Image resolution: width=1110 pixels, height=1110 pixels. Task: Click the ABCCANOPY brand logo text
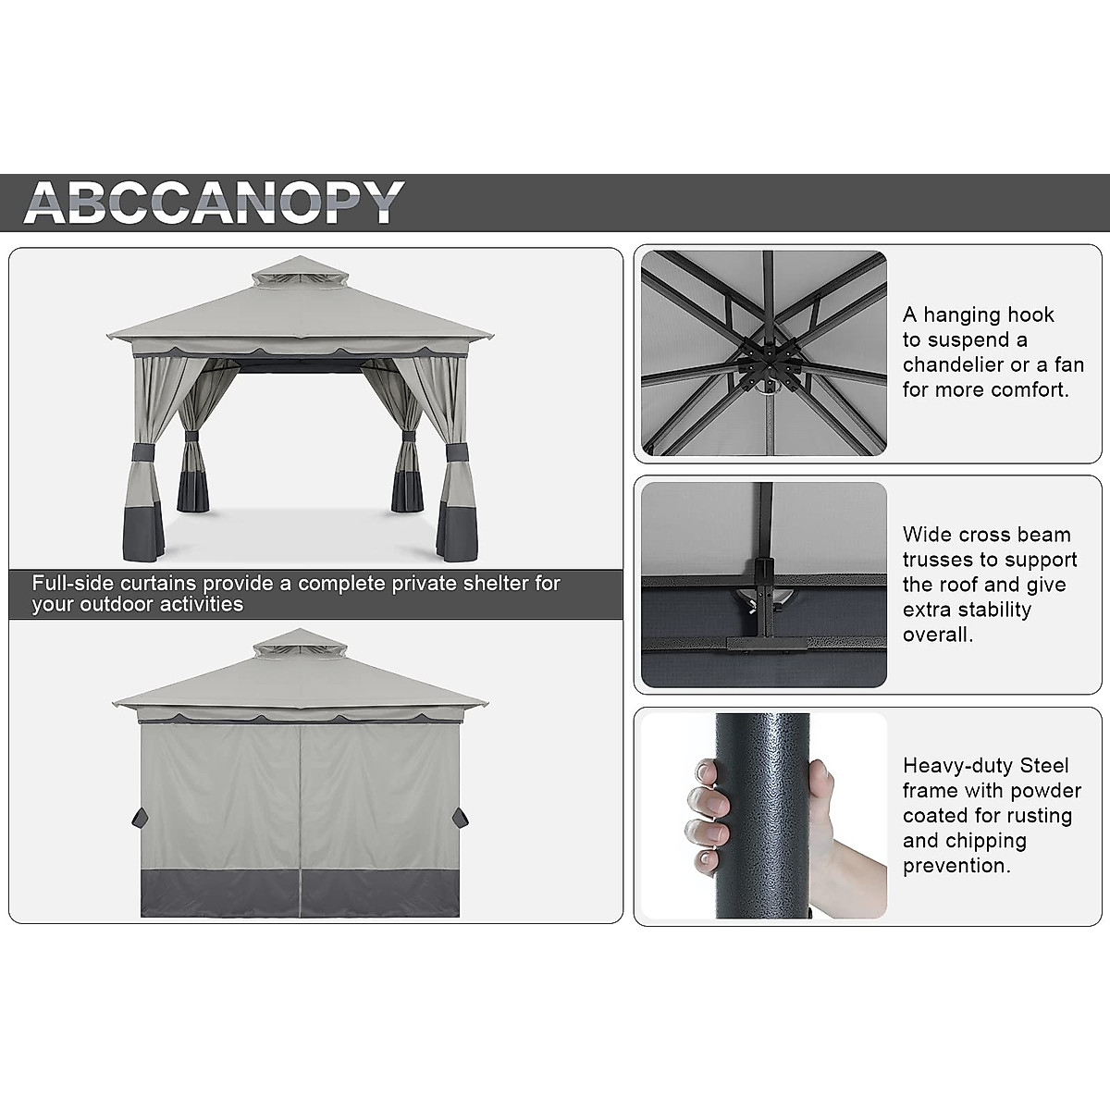click(214, 202)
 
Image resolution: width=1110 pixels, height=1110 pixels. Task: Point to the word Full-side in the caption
click(71, 584)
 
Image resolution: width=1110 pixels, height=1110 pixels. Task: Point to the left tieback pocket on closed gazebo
click(140, 818)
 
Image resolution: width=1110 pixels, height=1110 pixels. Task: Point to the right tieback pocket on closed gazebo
click(460, 818)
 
